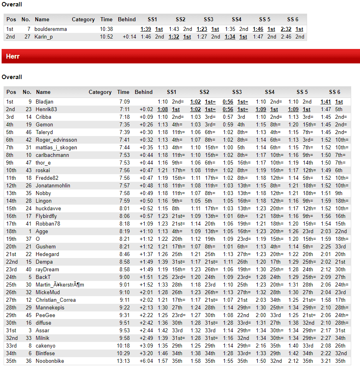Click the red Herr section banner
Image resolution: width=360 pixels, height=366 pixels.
tap(180, 57)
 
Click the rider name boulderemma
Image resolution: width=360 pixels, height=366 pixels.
tap(51, 29)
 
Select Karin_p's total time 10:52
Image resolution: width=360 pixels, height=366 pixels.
tap(106, 37)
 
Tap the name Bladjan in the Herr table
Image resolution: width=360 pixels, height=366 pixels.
tap(44, 102)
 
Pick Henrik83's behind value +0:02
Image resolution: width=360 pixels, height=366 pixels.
tap(146, 110)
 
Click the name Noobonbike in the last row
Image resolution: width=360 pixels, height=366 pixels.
tap(50, 361)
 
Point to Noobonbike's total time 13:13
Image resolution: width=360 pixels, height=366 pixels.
tap(123, 361)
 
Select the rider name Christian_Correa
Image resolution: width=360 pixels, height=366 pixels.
tap(55, 300)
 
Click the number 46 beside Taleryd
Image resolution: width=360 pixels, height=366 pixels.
tap(28, 132)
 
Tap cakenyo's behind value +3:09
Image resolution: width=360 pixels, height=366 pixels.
tap(146, 346)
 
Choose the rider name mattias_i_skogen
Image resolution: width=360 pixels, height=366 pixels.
tap(56, 148)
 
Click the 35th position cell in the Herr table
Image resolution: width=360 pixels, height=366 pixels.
tap(11, 361)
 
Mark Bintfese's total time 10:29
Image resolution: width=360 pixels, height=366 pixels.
tap(123, 354)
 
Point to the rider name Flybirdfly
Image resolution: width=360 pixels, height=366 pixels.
tap(46, 216)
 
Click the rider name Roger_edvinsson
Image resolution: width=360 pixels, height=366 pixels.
tap(56, 140)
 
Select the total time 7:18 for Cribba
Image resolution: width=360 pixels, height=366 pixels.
tap(124, 117)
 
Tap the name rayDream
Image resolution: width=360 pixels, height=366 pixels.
tap(47, 270)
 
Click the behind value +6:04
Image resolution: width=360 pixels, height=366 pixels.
tap(146, 361)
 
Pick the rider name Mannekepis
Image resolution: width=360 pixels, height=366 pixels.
tap(50, 308)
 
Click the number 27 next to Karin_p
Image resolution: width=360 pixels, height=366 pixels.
tap(27, 37)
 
